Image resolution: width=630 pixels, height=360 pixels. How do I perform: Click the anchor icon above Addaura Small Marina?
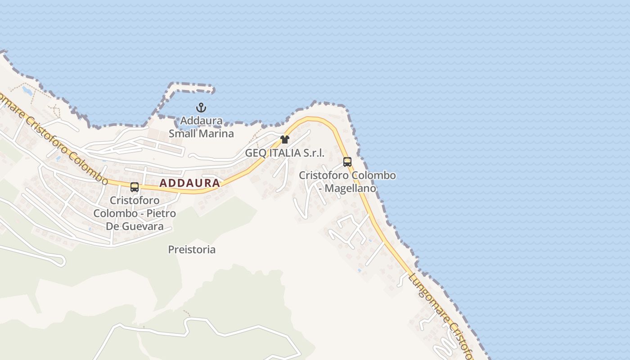[201, 108]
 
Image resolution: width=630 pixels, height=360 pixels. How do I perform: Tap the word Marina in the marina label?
[218, 134]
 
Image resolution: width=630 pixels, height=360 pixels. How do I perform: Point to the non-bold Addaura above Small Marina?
[201, 121]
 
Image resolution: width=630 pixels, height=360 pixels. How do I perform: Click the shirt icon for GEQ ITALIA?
[284, 139]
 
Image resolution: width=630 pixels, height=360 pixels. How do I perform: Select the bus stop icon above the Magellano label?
[347, 162]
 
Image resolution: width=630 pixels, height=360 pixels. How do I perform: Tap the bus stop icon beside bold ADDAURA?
[134, 187]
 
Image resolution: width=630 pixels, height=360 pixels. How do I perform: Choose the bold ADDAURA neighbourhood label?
[190, 183]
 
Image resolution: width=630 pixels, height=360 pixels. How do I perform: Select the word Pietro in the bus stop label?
[162, 213]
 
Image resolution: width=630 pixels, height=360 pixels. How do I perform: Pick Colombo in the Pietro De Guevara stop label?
[115, 213]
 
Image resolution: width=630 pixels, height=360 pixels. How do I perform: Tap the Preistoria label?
[192, 249]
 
